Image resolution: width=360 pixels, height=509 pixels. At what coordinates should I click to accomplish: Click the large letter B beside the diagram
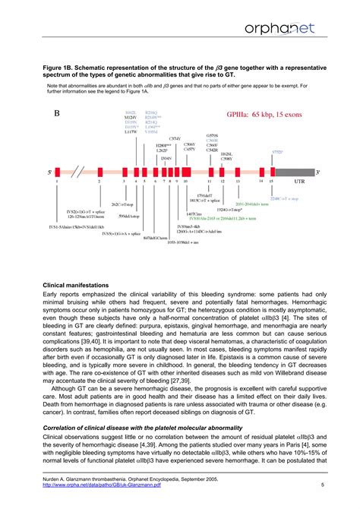pyautogui.click(x=58, y=115)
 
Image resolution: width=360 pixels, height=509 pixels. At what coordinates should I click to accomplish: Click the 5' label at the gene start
pyautogui.click(x=49, y=172)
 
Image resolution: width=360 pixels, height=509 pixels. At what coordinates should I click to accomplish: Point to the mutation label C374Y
pyautogui.click(x=175, y=138)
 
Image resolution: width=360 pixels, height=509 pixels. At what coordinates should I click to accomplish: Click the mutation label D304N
pyautogui.click(x=166, y=158)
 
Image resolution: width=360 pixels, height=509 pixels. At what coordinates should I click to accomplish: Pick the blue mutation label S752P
pyautogui.click(x=278, y=152)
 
